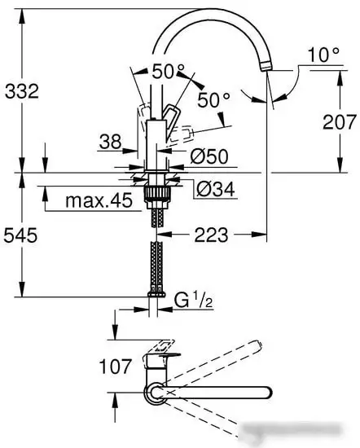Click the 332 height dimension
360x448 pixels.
coord(22,91)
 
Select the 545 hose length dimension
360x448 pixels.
coord(20,235)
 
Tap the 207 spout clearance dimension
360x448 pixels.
coord(340,121)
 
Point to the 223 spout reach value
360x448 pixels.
coord(211,235)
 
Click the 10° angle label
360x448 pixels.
coord(323,55)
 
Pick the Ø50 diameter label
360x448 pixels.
coord(209,156)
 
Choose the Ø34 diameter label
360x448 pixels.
coord(216,189)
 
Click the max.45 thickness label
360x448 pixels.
coord(99,200)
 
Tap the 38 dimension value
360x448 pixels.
coord(110,142)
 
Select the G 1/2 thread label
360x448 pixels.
coord(194,300)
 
